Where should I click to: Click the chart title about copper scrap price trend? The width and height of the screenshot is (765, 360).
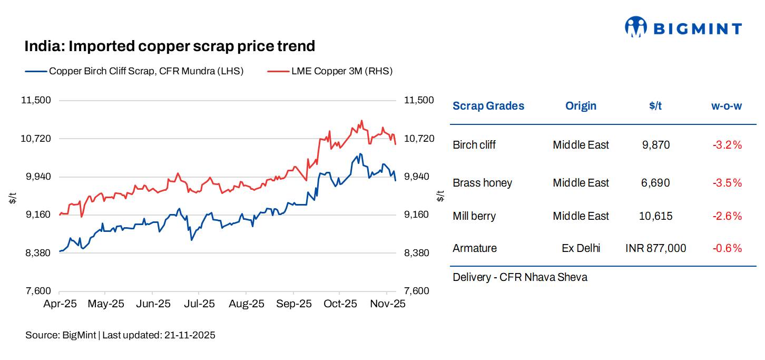[x=170, y=46]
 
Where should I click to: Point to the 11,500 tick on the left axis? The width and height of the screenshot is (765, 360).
[x=37, y=100]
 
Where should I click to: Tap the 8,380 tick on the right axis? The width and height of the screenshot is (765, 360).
[x=419, y=253]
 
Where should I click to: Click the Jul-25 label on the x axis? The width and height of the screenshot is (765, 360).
[x=199, y=304]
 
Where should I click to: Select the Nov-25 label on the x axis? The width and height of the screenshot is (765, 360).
[x=387, y=304]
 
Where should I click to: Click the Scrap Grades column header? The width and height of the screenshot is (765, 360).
[x=488, y=106]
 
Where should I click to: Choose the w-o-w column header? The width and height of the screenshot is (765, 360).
[x=727, y=106]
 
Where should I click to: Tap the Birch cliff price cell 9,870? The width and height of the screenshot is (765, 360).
[x=655, y=145]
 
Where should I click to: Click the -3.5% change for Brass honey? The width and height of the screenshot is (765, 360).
[x=727, y=183]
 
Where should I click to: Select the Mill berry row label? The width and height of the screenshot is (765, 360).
[x=474, y=216]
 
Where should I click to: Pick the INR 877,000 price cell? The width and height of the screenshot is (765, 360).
[x=655, y=248]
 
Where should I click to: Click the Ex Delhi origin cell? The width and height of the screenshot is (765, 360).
[x=581, y=248]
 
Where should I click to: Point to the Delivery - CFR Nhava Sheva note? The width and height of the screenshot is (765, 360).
[x=519, y=277]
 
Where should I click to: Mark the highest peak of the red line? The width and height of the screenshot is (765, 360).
[x=361, y=121]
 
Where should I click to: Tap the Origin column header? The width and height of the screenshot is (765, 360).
[x=581, y=106]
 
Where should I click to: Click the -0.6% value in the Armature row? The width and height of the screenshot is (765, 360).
[x=727, y=248]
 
